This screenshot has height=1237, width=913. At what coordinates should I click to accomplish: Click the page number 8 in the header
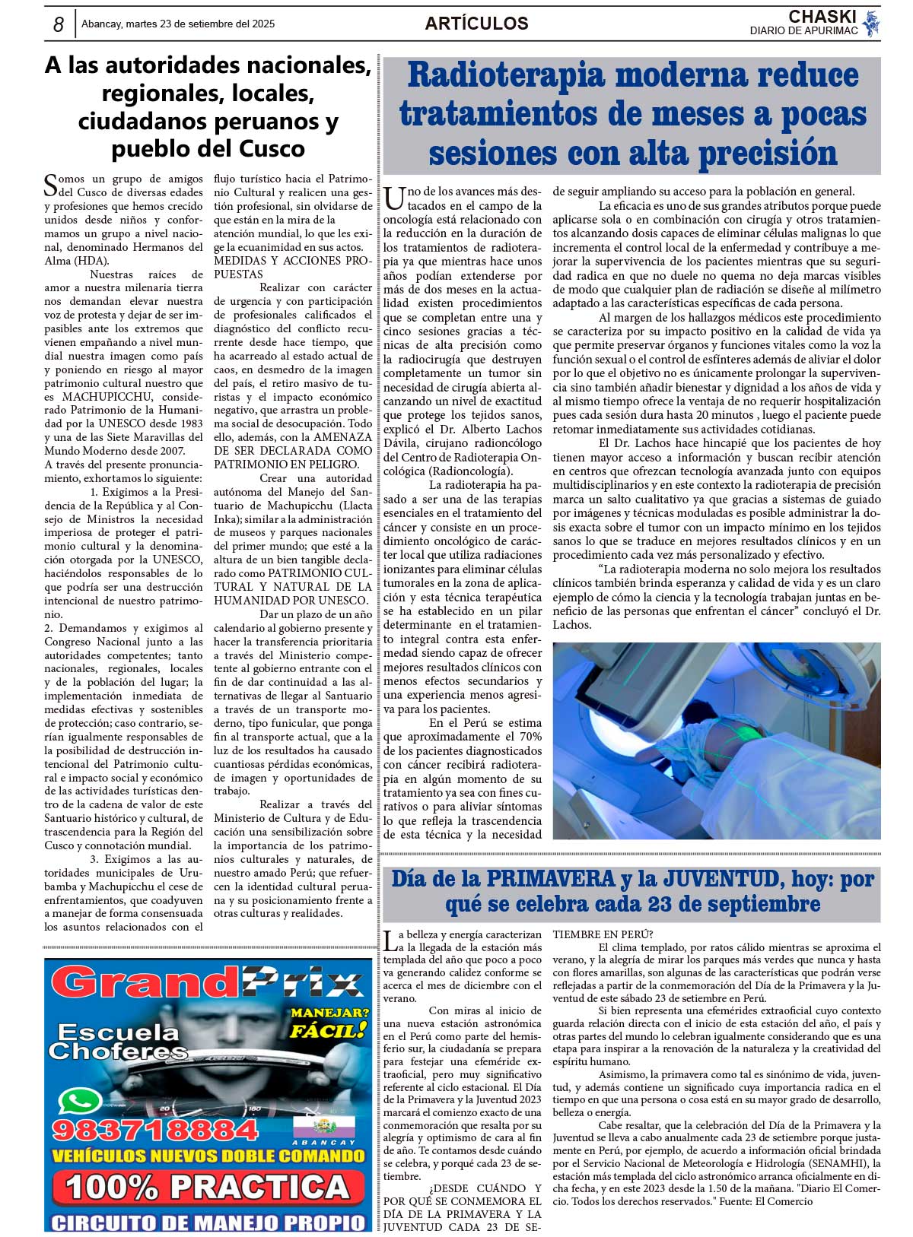point(58,24)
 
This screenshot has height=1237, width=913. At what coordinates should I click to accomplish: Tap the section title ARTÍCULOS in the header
point(476,24)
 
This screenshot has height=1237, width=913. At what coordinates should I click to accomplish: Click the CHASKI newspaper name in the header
point(822,17)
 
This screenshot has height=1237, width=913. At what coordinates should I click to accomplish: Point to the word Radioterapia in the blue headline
point(506,76)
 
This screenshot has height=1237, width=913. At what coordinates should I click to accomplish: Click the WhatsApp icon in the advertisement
point(78,1102)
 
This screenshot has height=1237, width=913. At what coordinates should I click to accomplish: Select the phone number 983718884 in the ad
point(155,1130)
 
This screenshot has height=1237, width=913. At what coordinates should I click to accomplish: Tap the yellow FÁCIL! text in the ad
point(326,1031)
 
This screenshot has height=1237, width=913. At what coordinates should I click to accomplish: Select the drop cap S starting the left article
point(50,184)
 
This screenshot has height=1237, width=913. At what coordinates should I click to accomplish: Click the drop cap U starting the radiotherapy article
point(393,199)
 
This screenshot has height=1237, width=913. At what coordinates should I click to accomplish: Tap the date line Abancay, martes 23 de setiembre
point(178,24)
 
